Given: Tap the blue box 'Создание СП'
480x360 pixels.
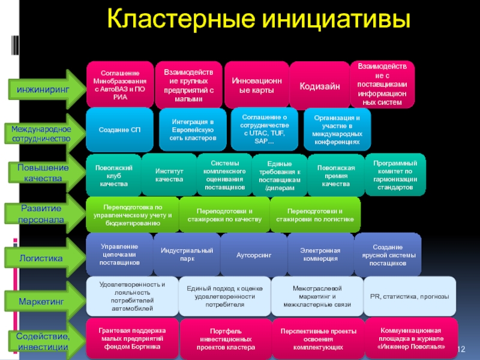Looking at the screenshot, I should click(x=119, y=130).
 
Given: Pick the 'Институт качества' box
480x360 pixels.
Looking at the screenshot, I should click(x=169, y=175).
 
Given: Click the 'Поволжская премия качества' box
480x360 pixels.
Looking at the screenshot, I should click(x=335, y=175).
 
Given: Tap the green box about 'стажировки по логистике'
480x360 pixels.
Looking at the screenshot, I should click(x=315, y=215).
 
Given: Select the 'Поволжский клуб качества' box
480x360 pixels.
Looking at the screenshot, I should click(x=113, y=175).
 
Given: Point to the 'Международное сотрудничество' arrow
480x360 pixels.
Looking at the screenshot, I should click(x=42, y=134).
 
